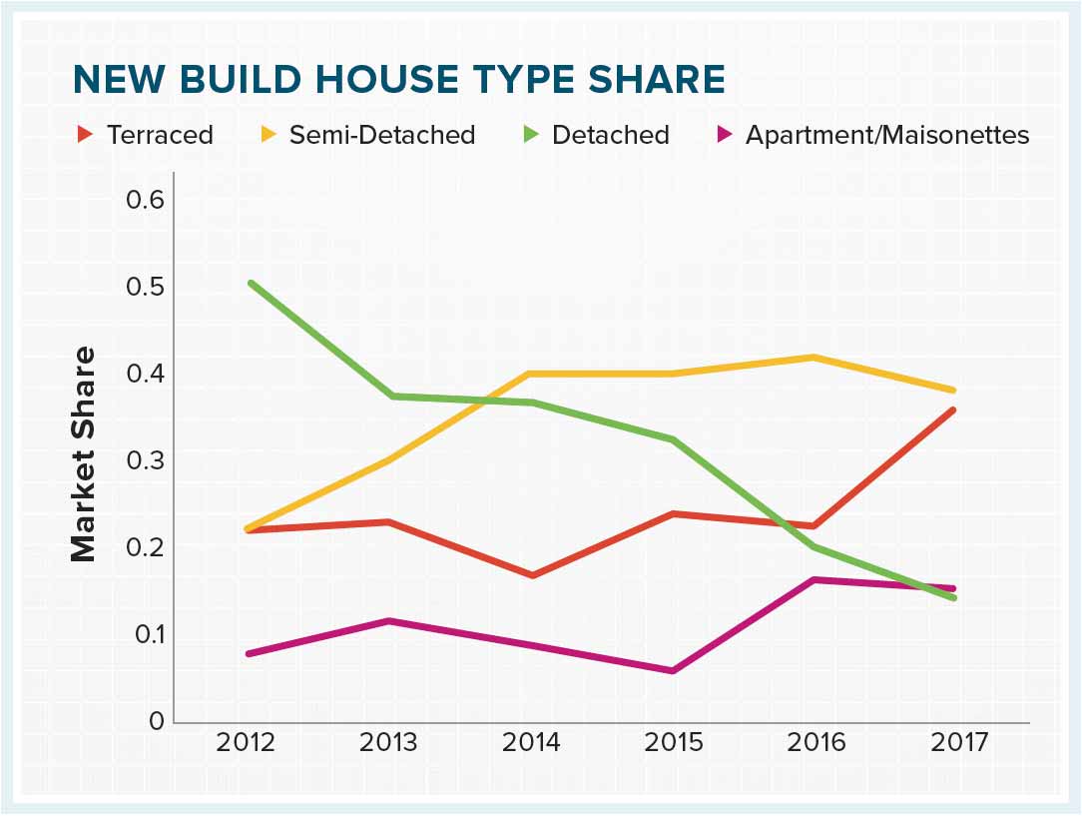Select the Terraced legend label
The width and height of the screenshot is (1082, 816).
(160, 135)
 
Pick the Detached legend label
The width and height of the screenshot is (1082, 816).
(610, 135)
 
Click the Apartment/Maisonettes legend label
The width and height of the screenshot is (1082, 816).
(887, 135)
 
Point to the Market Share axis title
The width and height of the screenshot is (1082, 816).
(83, 453)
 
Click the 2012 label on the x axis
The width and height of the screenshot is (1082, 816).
(247, 743)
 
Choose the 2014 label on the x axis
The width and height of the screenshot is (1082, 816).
(531, 743)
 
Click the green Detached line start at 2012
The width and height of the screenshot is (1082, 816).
(250, 283)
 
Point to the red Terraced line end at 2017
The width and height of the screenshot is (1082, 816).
(954, 409)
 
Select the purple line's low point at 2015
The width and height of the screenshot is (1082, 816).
(674, 670)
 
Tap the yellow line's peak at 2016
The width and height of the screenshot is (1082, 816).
(815, 357)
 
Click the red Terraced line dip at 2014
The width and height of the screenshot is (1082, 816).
(532, 575)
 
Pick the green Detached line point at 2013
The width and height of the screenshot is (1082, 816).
(390, 396)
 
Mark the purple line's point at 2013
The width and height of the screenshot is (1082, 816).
(390, 620)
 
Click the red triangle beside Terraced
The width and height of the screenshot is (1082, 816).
(85, 134)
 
